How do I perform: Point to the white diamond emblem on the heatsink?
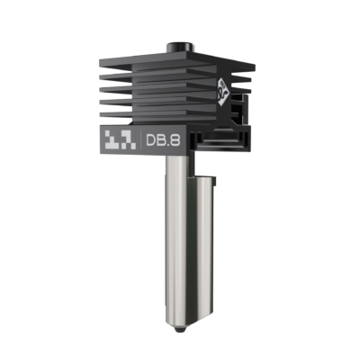pos(221,88)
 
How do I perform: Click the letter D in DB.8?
pos(149,141)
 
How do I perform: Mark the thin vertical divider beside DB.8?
pos(137,141)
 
